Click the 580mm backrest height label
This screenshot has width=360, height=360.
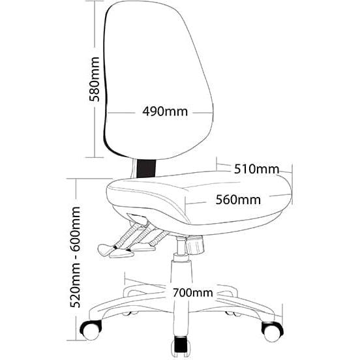95,79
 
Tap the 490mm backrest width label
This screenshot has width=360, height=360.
165,112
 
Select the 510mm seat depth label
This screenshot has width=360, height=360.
256,169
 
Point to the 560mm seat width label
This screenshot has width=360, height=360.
238,200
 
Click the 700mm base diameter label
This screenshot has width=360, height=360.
193,293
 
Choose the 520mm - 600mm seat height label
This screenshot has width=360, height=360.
75,257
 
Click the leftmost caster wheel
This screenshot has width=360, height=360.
91,330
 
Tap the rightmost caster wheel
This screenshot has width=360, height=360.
273,331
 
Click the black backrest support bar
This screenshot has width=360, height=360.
146,168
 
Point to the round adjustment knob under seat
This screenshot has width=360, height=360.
195,245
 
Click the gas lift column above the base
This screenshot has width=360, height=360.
181,270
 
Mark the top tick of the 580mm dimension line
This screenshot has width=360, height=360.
95,1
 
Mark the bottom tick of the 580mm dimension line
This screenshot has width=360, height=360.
95,158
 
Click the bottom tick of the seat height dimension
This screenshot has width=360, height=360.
76,340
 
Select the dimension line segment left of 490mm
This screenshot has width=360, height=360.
121,113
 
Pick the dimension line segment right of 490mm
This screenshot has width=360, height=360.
203,113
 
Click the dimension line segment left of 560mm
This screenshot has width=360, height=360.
196,203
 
